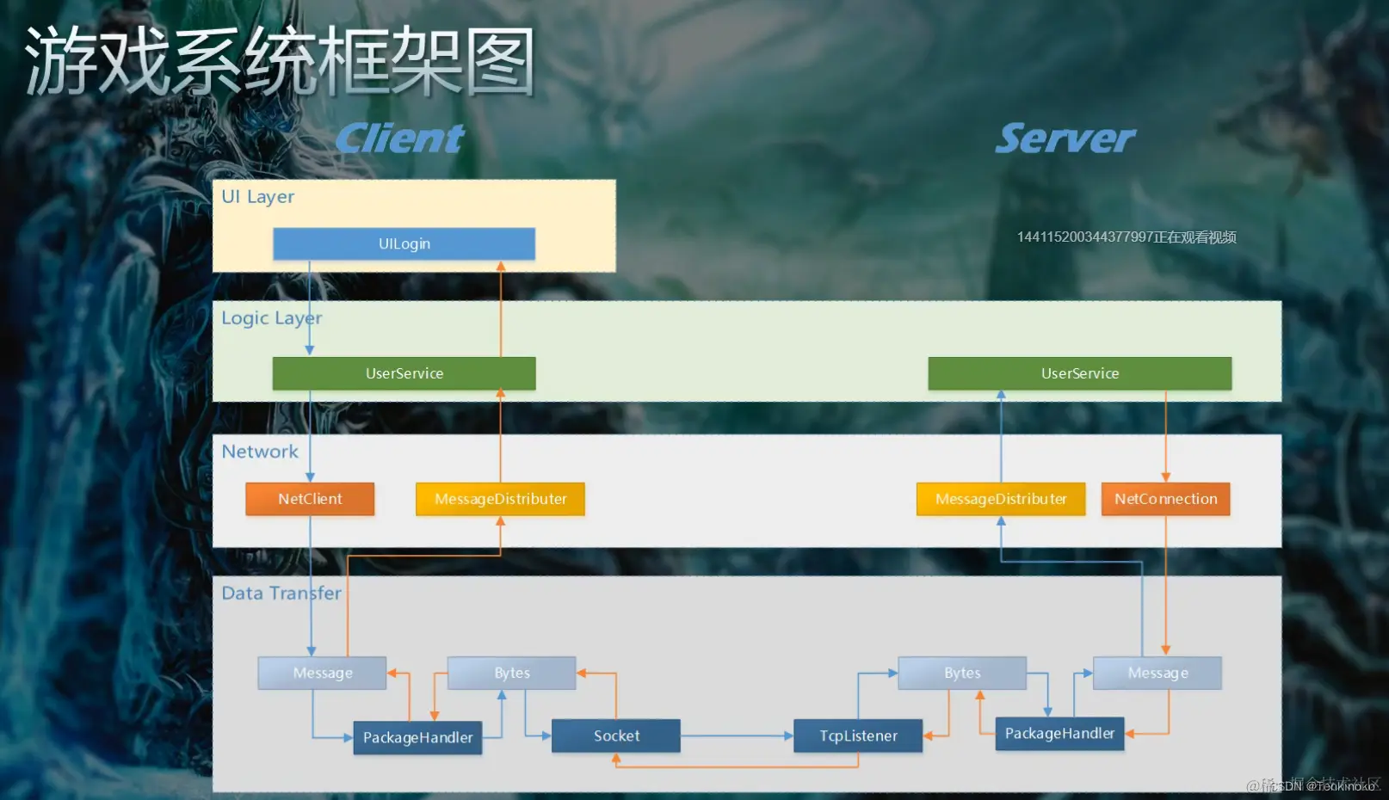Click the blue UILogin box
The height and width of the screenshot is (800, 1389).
(x=404, y=243)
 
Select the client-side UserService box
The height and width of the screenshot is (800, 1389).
(x=404, y=373)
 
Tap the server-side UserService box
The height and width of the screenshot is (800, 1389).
(x=1079, y=373)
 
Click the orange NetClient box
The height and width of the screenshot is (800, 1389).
(x=310, y=499)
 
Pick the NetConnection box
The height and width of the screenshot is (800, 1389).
(x=1165, y=499)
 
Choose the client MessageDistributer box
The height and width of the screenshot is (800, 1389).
(x=500, y=499)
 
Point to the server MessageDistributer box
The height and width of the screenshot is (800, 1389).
(x=1001, y=499)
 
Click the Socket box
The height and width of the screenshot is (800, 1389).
(x=616, y=736)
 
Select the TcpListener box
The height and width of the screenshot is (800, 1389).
(x=858, y=736)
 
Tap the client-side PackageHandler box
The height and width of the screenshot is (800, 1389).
(x=417, y=738)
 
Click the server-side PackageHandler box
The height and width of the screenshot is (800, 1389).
(x=1059, y=734)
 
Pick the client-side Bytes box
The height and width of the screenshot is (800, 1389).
(x=511, y=673)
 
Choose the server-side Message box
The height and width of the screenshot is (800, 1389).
(x=1157, y=673)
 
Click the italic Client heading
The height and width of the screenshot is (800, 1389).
(x=400, y=138)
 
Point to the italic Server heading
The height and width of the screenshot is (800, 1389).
(x=1065, y=138)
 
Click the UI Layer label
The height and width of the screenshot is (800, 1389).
(x=257, y=197)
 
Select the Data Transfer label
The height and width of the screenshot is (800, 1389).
(x=281, y=594)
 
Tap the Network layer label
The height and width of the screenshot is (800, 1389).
(x=260, y=452)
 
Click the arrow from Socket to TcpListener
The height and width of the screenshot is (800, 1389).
(x=736, y=736)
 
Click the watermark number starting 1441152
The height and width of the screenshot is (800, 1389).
(x=1126, y=237)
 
